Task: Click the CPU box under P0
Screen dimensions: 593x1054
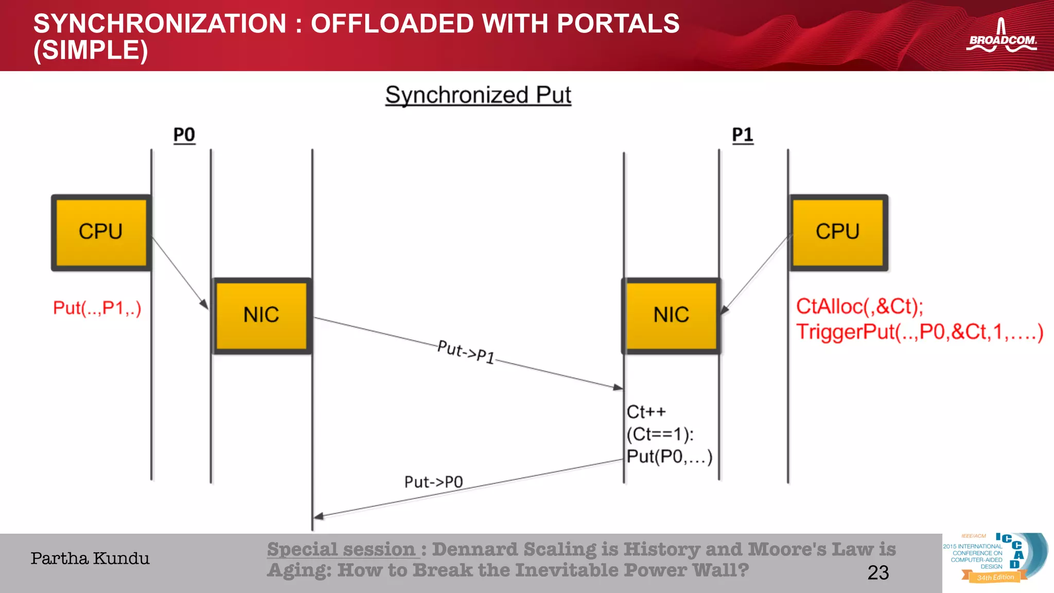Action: tap(101, 233)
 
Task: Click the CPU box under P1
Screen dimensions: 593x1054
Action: tap(838, 233)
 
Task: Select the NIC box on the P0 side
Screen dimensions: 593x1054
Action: tap(261, 315)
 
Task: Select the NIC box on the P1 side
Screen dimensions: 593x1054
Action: tap(671, 315)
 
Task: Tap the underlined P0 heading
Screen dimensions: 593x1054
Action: tap(184, 135)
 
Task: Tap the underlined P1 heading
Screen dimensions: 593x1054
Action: tap(743, 135)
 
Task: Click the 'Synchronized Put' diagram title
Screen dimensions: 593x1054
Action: tap(478, 95)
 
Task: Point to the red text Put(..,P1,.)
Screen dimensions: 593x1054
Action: tap(97, 308)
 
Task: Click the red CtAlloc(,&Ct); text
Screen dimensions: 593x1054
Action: tap(859, 306)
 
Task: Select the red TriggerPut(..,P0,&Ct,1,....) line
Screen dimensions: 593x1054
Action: tap(919, 332)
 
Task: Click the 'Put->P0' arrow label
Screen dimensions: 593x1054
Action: tap(433, 482)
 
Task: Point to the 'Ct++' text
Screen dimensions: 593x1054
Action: tap(646, 412)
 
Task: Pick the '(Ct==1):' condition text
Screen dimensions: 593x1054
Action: tap(660, 434)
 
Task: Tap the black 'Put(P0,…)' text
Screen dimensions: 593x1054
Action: tap(669, 457)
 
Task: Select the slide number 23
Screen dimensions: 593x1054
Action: tap(878, 572)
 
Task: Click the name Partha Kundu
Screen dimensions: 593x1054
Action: tap(90, 559)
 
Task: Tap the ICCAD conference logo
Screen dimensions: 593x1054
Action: tap(994, 559)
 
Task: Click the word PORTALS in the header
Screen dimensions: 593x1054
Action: tap(618, 24)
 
